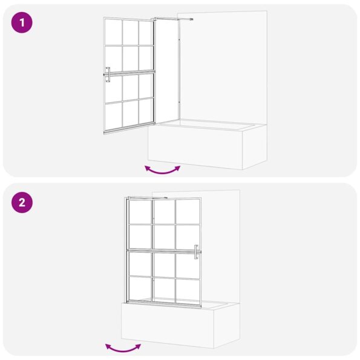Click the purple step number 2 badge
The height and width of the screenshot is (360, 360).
[x=22, y=203]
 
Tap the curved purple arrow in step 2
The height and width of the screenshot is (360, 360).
[x=123, y=347]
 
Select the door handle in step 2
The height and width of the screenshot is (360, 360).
[x=197, y=252]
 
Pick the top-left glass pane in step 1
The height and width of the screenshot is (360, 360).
[x=113, y=33]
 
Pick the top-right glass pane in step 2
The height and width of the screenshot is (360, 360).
[x=188, y=212]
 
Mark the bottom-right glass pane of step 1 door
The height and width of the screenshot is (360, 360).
[x=145, y=110]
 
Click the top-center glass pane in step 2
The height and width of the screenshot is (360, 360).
[x=164, y=212]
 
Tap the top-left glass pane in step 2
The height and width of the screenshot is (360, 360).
[x=140, y=212]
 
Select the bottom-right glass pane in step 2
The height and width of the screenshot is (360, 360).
[x=188, y=289]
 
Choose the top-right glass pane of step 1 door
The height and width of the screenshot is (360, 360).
[x=145, y=32]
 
